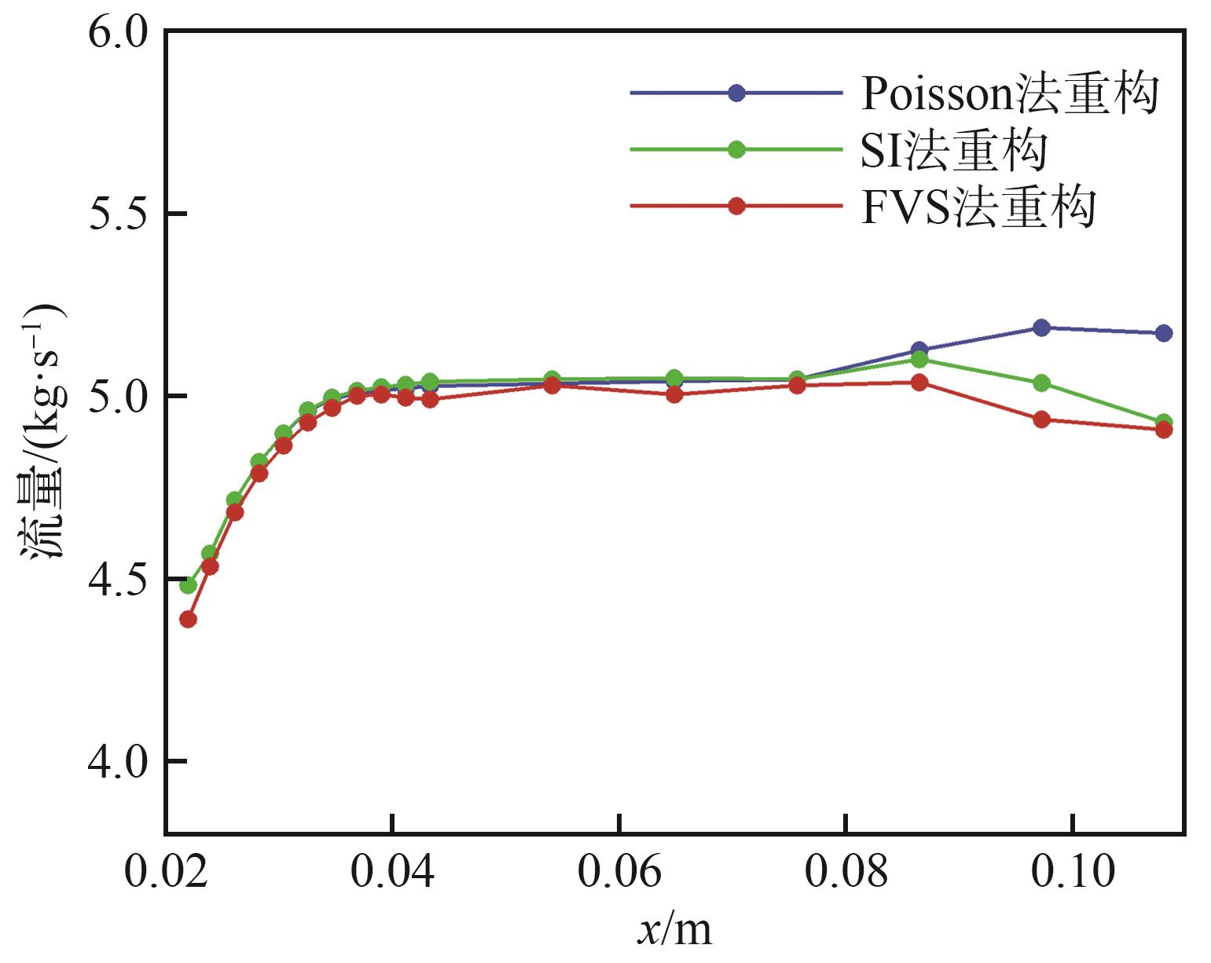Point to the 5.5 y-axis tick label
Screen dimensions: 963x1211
118,214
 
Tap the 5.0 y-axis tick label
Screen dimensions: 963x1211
118,397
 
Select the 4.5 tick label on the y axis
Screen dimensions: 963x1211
118,580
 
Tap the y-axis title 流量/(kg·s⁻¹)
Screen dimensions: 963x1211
41,432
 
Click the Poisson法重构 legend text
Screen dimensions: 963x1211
1010,94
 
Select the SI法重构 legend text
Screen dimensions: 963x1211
953,150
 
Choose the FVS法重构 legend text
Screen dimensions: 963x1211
978,207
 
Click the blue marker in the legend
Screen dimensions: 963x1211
736,93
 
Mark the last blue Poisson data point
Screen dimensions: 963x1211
1164,333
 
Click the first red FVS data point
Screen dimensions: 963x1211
188,619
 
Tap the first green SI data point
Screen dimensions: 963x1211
188,585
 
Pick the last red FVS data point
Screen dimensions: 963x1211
1164,430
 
